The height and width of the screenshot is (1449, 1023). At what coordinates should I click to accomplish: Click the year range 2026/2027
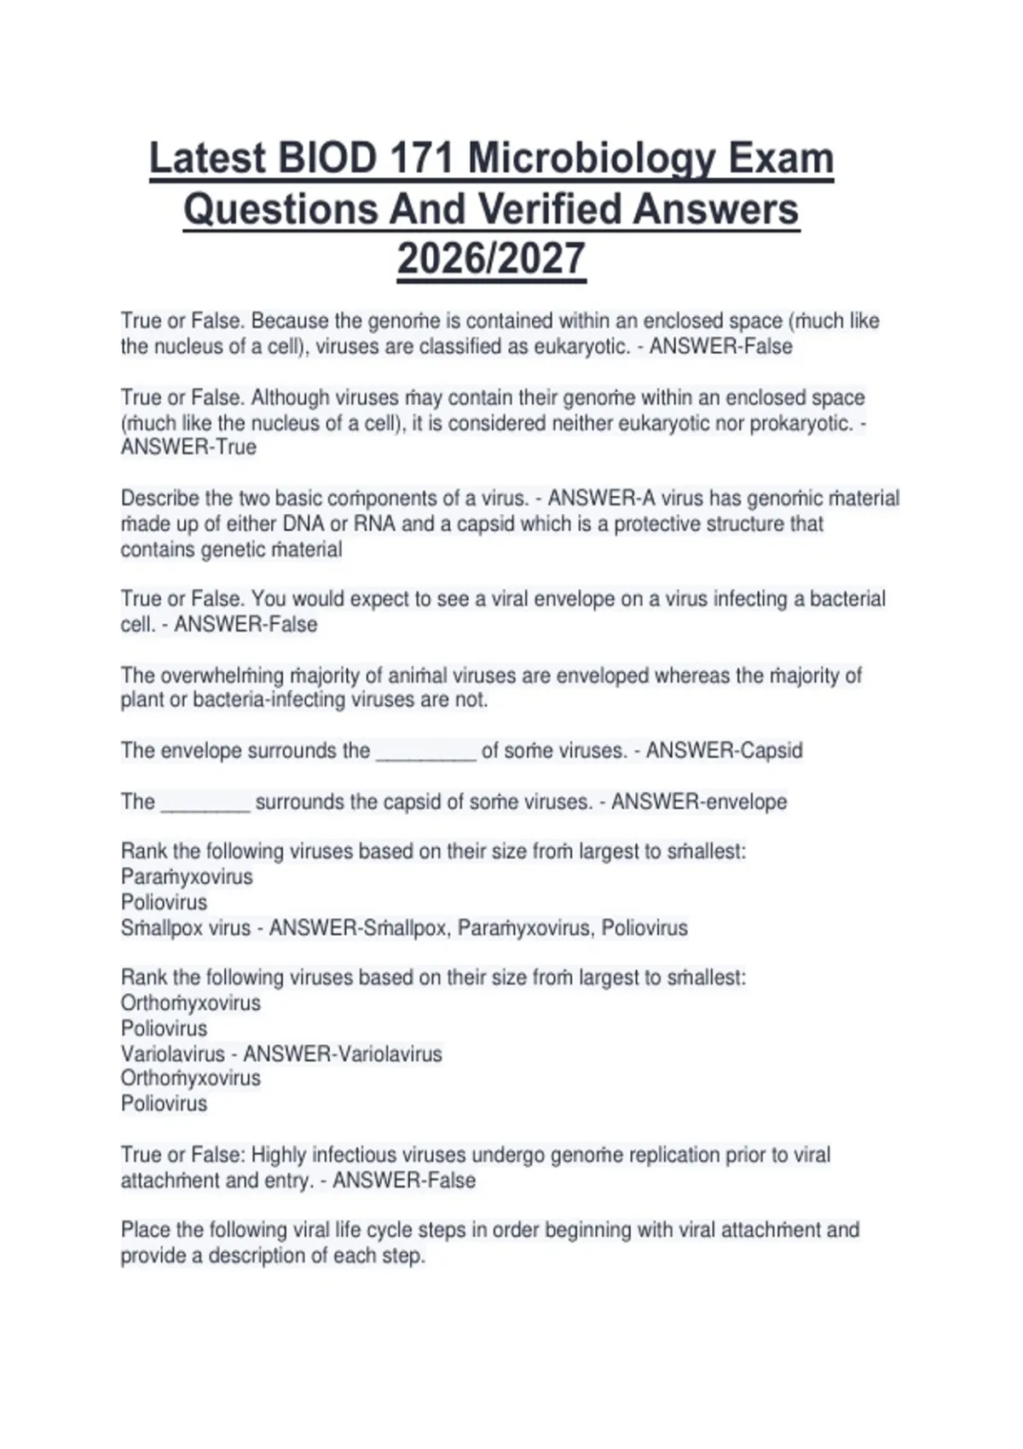point(491,258)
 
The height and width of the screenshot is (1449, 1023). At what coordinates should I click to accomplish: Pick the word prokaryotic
point(800,423)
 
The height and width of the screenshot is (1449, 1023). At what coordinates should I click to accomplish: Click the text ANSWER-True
point(188,447)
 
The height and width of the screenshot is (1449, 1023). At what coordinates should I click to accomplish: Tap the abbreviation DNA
point(303,523)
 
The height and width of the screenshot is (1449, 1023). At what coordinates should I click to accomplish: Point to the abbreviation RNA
point(373,523)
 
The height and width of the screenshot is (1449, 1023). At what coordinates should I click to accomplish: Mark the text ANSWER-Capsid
point(724,750)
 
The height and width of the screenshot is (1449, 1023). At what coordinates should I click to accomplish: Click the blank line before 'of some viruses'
point(425,752)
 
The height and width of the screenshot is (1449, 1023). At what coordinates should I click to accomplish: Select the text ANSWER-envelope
point(699,801)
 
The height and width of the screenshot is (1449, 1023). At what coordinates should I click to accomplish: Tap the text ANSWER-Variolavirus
point(343,1054)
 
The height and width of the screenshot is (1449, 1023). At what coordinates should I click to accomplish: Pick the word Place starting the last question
point(145,1230)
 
